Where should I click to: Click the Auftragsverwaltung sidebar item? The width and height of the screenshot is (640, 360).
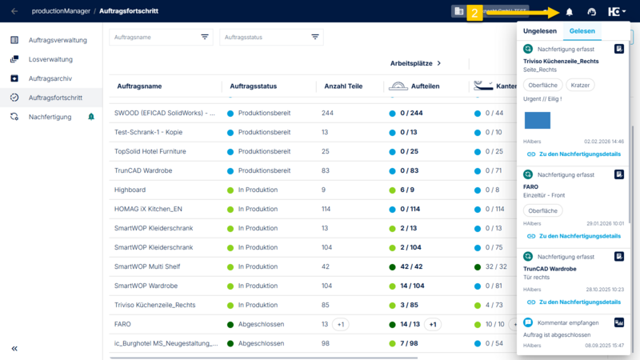[57, 40]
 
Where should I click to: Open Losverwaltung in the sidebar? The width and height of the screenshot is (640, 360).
[50, 59]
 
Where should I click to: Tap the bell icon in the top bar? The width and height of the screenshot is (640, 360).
[570, 12]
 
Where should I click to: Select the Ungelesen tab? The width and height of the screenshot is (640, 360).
[540, 31]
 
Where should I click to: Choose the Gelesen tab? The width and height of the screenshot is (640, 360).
[582, 31]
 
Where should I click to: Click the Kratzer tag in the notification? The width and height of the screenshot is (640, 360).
[580, 85]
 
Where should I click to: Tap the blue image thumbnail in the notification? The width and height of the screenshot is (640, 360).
[537, 120]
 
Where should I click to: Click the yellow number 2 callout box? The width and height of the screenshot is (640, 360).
[474, 13]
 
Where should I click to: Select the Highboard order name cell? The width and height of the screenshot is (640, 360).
[130, 190]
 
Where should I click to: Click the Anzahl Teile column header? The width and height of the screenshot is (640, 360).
[343, 86]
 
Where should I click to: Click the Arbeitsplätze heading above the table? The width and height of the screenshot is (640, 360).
[415, 63]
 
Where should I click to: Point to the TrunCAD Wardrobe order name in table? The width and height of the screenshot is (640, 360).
[145, 170]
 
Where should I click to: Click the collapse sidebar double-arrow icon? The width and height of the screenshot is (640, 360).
[14, 348]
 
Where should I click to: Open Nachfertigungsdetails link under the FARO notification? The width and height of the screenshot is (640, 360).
[579, 236]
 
